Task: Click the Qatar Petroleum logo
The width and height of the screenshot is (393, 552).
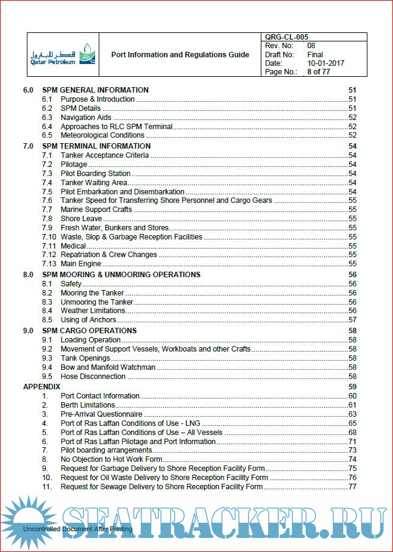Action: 61,54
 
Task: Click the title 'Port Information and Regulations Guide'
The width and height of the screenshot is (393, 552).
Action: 180,55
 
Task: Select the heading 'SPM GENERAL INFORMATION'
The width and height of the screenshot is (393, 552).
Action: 95,90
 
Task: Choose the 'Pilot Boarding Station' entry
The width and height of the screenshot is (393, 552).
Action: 95,174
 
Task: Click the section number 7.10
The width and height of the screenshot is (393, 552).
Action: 49,236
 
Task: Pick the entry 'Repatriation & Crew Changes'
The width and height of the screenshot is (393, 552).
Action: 108,255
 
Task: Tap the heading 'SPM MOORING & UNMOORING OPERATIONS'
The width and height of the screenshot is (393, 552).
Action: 121,275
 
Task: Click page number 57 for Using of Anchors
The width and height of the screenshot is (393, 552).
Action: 352,320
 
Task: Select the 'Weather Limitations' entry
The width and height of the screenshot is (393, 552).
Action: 93,311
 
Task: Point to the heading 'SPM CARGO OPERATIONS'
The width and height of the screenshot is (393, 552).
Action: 89,331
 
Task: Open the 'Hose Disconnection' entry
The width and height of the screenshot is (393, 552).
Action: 93,377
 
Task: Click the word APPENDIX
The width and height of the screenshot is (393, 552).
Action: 41,387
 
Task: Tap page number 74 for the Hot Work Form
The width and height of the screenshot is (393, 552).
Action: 352,459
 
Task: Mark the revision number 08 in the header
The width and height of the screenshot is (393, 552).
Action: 311,46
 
